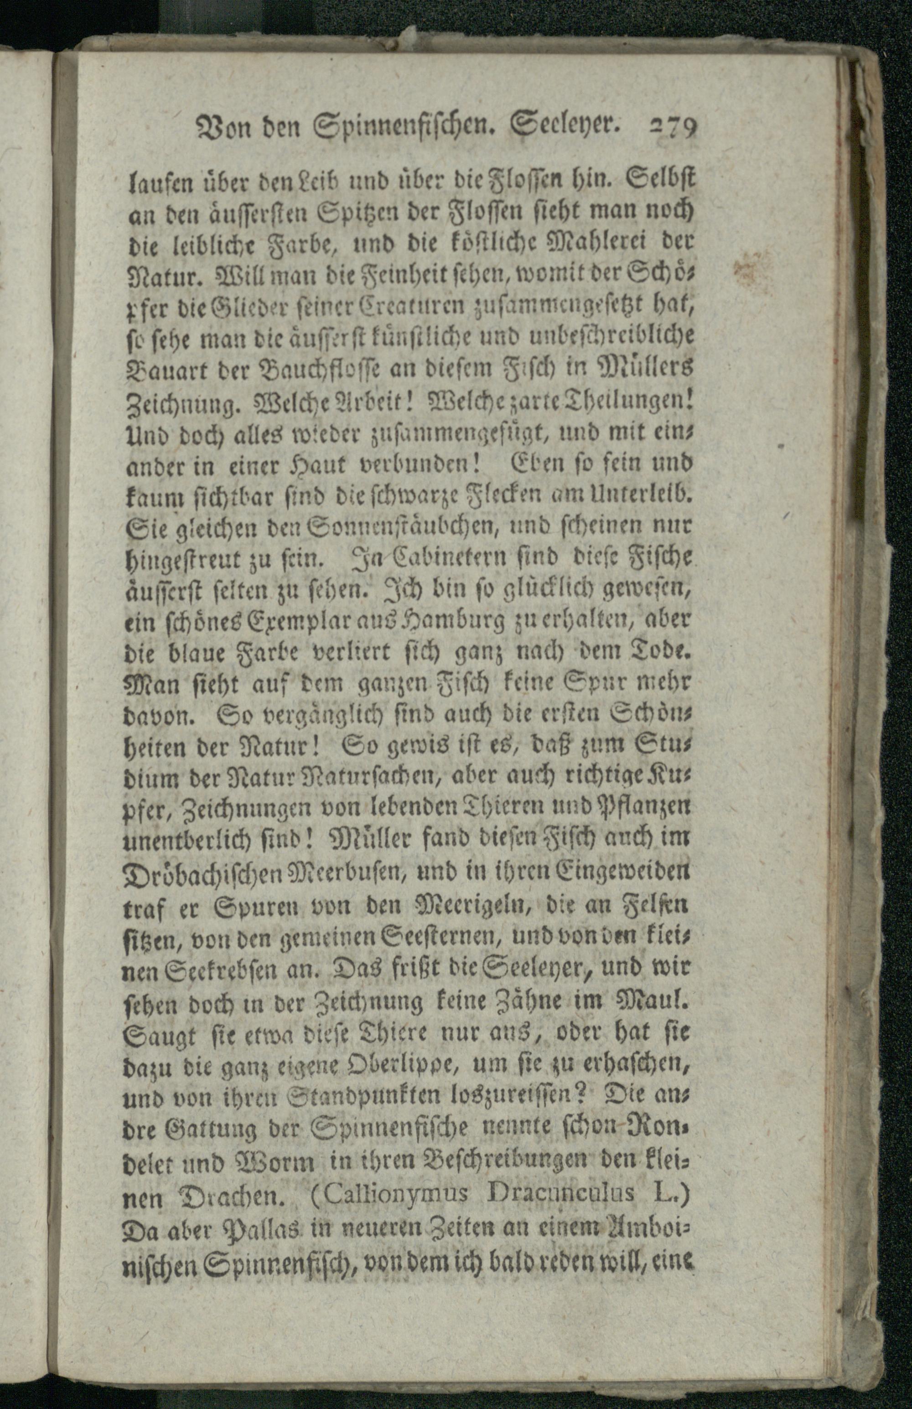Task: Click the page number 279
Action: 674,127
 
